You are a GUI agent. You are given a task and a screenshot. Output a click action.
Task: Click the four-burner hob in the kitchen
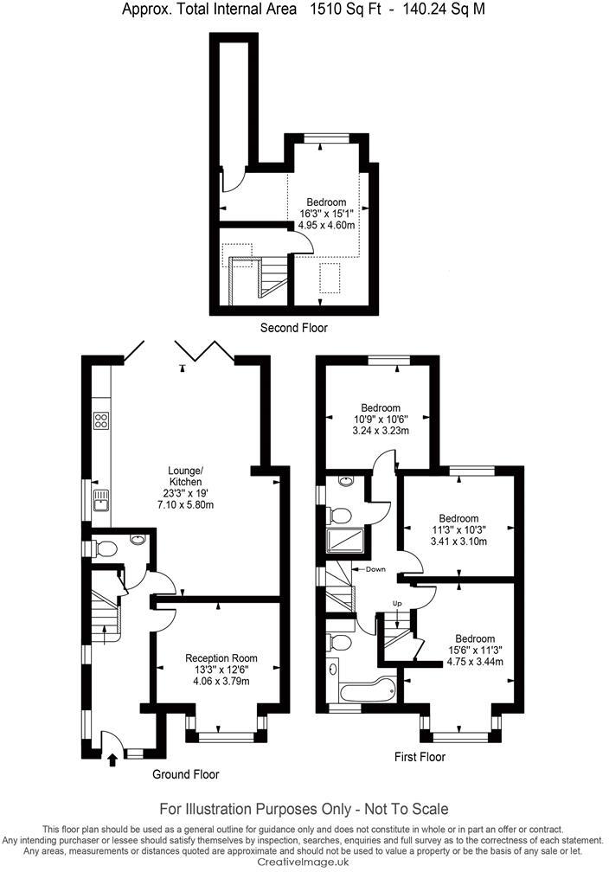coord(100,422)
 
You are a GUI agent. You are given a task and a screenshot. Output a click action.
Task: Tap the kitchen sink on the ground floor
coord(101,498)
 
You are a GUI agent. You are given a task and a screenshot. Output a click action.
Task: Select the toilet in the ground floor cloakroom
coord(106,548)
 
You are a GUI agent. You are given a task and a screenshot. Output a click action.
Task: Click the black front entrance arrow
coord(112,760)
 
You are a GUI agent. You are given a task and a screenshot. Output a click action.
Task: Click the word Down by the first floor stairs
coord(375,570)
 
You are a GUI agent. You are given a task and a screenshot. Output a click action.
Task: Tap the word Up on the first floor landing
coord(398,603)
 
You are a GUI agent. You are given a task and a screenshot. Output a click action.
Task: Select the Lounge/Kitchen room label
coord(185,476)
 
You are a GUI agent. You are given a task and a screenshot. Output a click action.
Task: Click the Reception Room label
coord(221,658)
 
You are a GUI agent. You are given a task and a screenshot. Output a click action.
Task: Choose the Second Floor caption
coord(294,328)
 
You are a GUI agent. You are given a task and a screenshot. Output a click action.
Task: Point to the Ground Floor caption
coord(185,774)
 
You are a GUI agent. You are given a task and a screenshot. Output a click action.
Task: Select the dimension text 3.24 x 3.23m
coord(381,430)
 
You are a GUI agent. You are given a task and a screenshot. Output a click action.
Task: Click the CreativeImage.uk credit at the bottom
coord(304,862)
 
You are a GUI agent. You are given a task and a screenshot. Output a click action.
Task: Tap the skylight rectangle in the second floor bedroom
coord(330,278)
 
